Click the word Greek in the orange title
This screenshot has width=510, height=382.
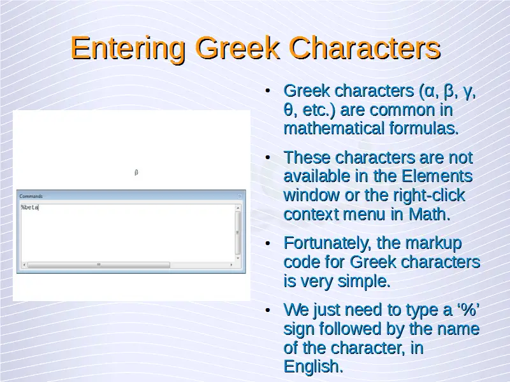coord(237,48)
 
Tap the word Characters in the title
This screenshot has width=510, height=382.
coord(365,48)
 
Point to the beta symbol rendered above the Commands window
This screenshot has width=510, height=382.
coord(136,172)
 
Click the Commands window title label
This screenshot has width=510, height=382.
coord(31,196)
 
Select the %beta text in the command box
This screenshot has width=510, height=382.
coord(29,208)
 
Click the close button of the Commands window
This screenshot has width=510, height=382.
coord(240,196)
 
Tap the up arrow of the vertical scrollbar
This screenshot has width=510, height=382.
coord(238,208)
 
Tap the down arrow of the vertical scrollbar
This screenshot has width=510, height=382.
coord(238,258)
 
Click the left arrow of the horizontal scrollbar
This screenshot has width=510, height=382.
coord(24,265)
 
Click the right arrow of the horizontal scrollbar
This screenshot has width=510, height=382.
coord(231,265)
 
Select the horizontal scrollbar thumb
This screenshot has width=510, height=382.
coord(99,265)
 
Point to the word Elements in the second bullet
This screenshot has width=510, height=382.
coord(437,176)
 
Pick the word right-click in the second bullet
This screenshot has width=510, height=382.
coord(428,195)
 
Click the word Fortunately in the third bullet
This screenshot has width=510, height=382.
coord(327,244)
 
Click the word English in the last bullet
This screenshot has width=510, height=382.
coord(313,367)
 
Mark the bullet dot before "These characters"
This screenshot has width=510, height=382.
coord(268,158)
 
